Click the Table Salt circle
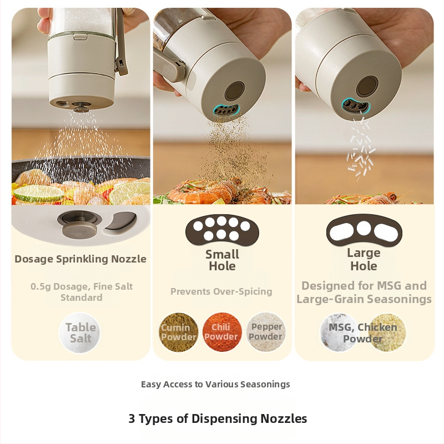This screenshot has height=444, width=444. [79, 332]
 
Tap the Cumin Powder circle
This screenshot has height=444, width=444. [178, 332]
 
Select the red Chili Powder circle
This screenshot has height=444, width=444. [222, 332]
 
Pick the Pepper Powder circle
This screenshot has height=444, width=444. [266, 332]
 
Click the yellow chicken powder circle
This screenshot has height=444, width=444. [387, 332]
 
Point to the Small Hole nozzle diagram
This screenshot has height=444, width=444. [223, 229]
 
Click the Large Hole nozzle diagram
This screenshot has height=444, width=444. [364, 230]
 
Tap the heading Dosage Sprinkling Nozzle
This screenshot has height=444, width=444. [80, 259]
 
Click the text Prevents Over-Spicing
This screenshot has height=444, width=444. [221, 291]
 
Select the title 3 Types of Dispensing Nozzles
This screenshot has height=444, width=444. [218, 418]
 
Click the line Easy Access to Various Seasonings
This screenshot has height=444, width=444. [215, 384]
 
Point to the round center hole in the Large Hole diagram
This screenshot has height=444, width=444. [364, 228]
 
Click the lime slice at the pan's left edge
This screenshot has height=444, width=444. [39, 194]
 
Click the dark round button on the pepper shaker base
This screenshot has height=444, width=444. [235, 90]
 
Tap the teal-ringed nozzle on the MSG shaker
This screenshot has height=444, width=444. [356, 107]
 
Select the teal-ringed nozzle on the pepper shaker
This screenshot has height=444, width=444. [226, 110]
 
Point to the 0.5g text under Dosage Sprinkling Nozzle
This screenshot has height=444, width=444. [41, 286]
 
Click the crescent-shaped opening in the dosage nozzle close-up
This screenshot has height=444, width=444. [121, 221]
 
